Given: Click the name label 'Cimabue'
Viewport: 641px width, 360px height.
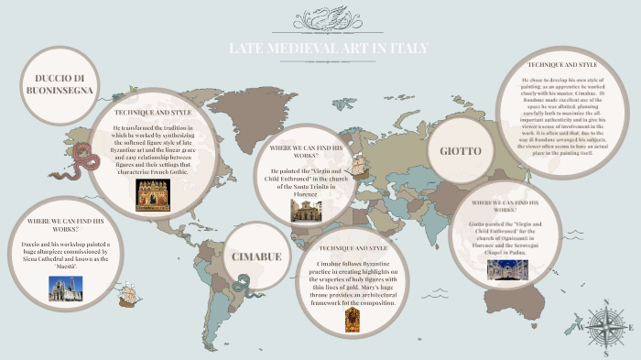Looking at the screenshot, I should [x=256, y=256].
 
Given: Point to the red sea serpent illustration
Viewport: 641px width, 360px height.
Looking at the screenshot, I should [x=88, y=159].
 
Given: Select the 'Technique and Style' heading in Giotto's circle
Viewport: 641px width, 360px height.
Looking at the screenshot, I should [x=563, y=65].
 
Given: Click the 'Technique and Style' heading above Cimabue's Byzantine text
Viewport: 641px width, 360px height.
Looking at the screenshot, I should [x=353, y=248].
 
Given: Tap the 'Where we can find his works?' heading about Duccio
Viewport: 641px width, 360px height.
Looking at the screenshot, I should [x=65, y=222].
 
